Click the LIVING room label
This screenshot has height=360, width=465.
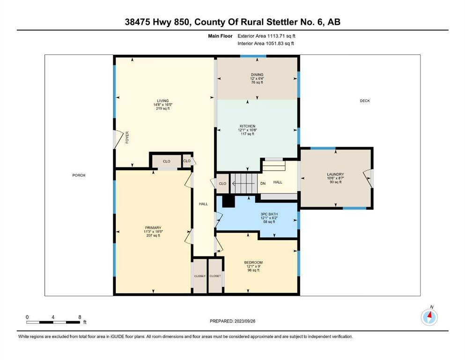coord(163,101)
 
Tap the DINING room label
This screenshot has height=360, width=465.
coord(257,75)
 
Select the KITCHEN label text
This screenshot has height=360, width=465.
coord(248,126)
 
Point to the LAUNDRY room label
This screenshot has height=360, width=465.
coord(335,174)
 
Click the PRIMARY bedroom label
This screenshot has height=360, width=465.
coord(153,228)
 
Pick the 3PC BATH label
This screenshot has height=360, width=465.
coord(269,214)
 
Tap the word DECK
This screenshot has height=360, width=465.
coord(365,101)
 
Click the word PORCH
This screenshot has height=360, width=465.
coord(79,175)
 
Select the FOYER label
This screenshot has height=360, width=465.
coord(127,137)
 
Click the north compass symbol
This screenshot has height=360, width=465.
coord(429,317)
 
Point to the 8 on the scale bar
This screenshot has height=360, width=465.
coord(80,317)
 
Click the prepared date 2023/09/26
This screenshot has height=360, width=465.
coord(245,321)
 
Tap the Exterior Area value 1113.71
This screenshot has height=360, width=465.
coord(276,36)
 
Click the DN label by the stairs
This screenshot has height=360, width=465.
coord(263,183)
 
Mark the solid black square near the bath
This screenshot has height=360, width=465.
coord(229,201)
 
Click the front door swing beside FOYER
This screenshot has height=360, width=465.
coord(118,140)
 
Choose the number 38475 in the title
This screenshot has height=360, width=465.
coord(138,22)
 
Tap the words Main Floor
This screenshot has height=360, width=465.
coord(220,36)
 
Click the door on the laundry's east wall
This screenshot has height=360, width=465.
coord(368,179)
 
